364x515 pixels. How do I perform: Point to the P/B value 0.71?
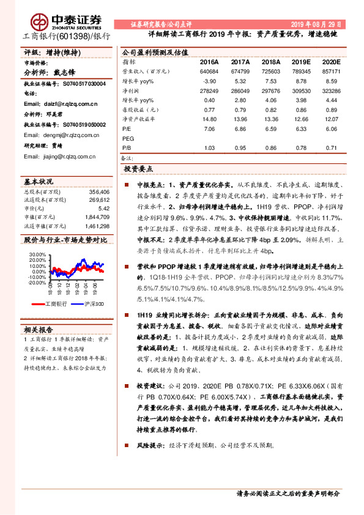(331, 147)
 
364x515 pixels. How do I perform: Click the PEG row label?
(128, 139)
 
